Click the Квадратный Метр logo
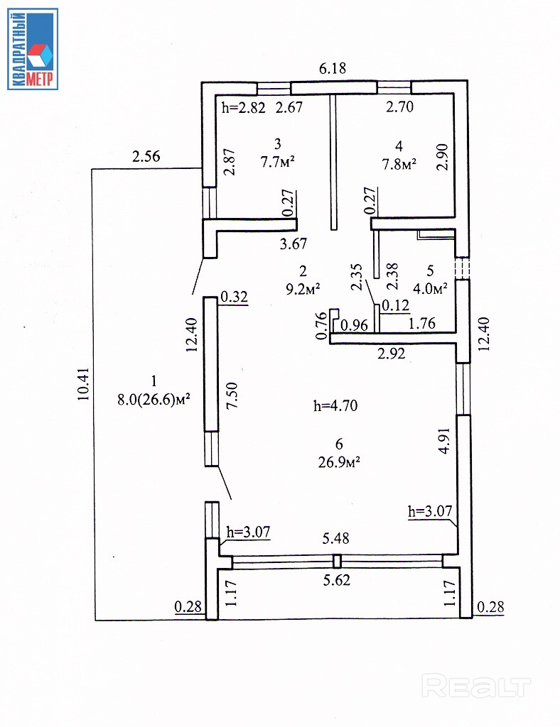pyautogui.click(x=33, y=49)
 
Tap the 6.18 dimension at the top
pyautogui.click(x=333, y=68)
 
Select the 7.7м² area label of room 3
pyautogui.click(x=278, y=162)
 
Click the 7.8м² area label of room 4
pyautogui.click(x=399, y=164)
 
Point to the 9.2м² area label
pyautogui.click(x=303, y=288)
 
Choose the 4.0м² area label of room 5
pyautogui.click(x=430, y=288)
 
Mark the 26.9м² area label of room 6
pyautogui.click(x=339, y=461)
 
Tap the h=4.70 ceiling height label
pyautogui.click(x=335, y=406)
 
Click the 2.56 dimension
pyautogui.click(x=146, y=158)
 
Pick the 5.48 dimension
pyautogui.click(x=337, y=540)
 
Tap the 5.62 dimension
pyautogui.click(x=337, y=580)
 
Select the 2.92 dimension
pyautogui.click(x=391, y=354)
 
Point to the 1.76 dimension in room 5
pyautogui.click(x=421, y=325)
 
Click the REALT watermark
pyautogui.click(x=476, y=687)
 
